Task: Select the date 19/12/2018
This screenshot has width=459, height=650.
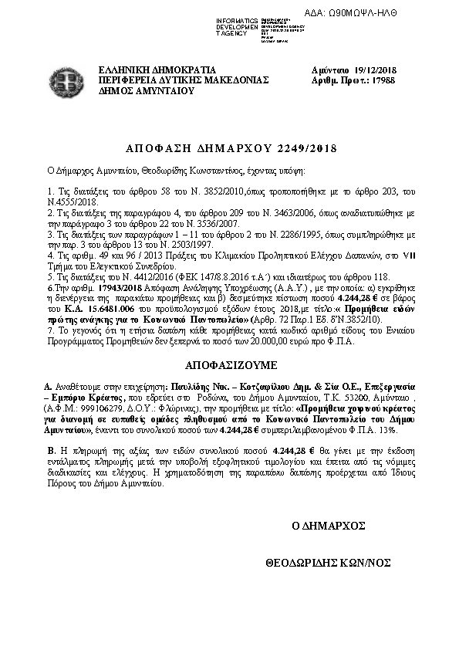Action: (x=373, y=69)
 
